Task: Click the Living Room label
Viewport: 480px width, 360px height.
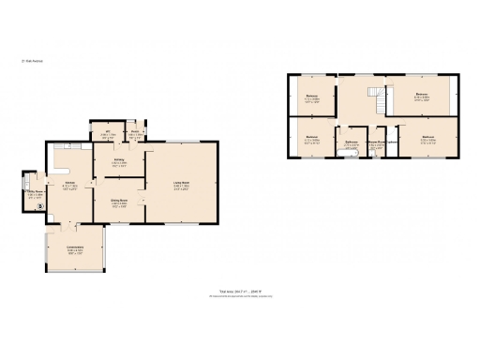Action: pyautogui.click(x=181, y=183)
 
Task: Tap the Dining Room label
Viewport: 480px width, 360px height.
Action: pyautogui.click(x=120, y=204)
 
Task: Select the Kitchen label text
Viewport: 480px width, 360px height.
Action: pyautogui.click(x=69, y=187)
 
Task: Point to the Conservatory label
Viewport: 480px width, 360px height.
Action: pyautogui.click(x=75, y=248)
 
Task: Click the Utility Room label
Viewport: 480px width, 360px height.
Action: pyautogui.click(x=34, y=195)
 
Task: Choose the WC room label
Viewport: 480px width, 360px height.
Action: pyautogui.click(x=108, y=134)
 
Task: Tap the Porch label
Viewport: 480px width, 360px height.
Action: pyautogui.click(x=135, y=134)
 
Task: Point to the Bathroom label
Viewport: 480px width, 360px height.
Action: pyautogui.click(x=351, y=143)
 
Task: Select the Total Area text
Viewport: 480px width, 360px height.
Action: pyautogui.click(x=239, y=292)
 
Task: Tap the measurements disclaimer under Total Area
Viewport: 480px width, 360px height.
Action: pyautogui.click(x=239, y=297)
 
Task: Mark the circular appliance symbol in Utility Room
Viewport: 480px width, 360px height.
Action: pyautogui.click(x=39, y=202)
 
